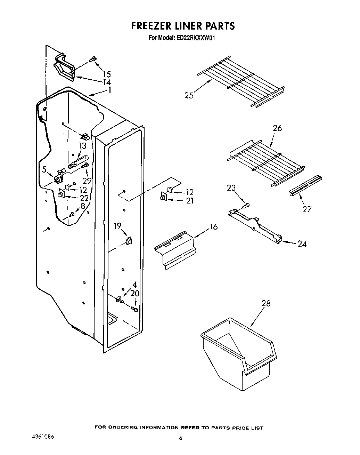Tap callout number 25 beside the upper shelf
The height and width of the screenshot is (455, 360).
189,95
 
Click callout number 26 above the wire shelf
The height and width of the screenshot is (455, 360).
277,128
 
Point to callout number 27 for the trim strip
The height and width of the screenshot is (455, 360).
307,209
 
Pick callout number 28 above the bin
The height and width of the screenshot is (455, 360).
266,304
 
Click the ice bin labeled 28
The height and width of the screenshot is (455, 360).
240,351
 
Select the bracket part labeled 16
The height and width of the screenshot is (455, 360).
174,250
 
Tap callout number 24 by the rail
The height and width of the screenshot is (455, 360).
302,244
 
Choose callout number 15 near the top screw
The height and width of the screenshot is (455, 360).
107,74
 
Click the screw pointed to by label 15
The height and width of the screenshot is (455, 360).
92,59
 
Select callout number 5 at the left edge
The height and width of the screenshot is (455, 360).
44,170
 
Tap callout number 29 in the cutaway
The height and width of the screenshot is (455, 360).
87,181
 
